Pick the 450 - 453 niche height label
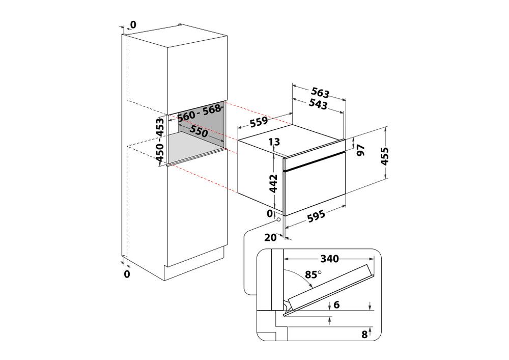coord(160,141)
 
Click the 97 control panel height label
coord(361,150)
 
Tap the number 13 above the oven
coord(274,142)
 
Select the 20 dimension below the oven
coord(270,237)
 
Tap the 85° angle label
coord(313,274)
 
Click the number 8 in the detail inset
coord(363,334)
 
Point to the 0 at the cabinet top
coord(133,24)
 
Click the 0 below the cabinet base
coord(127,274)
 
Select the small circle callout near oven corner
coord(278,219)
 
